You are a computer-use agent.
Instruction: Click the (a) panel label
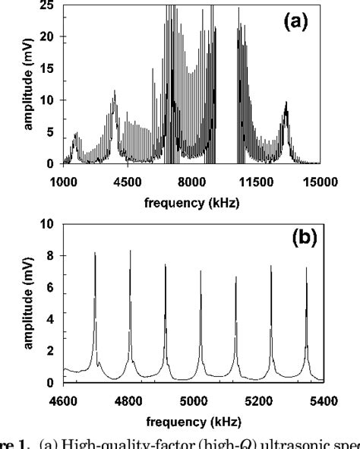point(295,24)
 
